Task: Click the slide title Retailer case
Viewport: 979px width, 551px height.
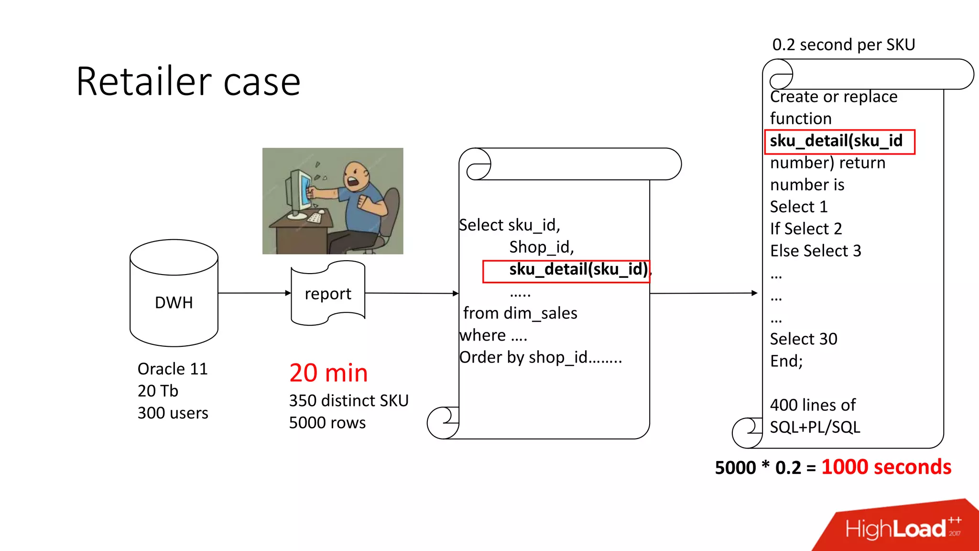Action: (188, 82)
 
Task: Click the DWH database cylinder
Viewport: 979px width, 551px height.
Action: (174, 293)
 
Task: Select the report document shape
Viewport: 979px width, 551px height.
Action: (328, 293)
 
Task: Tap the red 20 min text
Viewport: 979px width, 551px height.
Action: (328, 373)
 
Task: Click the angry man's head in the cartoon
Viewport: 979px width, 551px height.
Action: (356, 176)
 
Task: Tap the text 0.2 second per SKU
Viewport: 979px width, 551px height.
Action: (844, 44)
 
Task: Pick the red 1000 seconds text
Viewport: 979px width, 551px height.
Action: (886, 467)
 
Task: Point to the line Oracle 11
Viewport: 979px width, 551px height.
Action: (173, 369)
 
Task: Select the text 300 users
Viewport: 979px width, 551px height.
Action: (173, 413)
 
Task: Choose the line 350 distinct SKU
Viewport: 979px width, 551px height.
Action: (348, 400)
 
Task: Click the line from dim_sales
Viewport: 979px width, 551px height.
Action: (520, 313)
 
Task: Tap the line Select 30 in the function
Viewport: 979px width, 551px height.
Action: (804, 339)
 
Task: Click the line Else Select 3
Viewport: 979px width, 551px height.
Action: (816, 251)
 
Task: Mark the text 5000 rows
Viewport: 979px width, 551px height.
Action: (327, 423)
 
